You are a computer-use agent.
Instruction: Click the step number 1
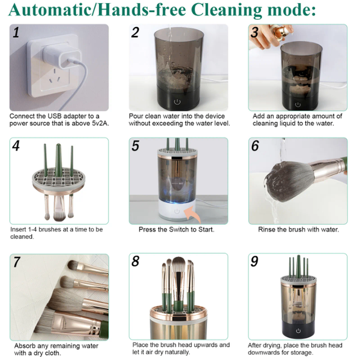(16, 33)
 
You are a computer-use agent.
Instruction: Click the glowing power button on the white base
(176, 211)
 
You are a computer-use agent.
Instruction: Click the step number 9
(254, 262)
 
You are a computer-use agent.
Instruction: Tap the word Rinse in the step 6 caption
(268, 229)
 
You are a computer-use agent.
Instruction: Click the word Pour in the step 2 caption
(136, 116)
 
